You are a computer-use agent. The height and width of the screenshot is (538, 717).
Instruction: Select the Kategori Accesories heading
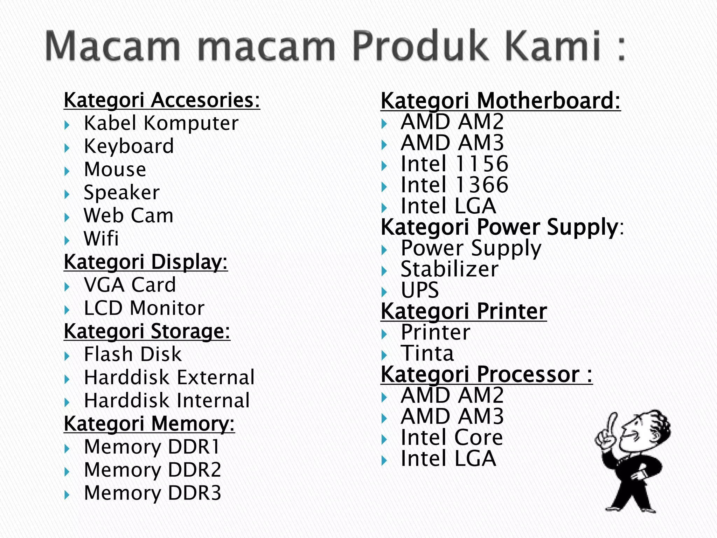[x=162, y=100]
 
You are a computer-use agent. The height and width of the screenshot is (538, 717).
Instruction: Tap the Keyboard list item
[x=129, y=146]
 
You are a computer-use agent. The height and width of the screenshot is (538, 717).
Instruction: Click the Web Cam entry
[x=128, y=215]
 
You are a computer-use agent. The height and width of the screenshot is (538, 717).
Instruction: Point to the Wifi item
[x=101, y=239]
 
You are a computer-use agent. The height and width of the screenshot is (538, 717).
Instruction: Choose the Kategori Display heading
[x=146, y=262]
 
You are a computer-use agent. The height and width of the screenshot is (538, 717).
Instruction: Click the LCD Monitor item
[x=144, y=308]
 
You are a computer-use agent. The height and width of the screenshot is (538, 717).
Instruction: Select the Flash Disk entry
[x=133, y=354]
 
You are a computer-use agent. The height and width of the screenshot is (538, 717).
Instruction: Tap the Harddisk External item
[x=169, y=378]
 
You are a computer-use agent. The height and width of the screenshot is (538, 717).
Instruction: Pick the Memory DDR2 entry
[x=153, y=470]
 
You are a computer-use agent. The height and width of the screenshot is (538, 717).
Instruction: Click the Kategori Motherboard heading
[x=500, y=101]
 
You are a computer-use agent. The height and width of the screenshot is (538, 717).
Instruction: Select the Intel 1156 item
[x=454, y=164]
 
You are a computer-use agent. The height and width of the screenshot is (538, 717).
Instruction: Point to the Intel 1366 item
[x=454, y=185]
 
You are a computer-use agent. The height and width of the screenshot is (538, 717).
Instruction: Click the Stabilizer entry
[x=450, y=269]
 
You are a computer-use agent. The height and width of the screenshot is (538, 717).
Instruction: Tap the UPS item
[x=420, y=290]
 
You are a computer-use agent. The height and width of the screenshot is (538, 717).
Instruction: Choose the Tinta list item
[x=427, y=353]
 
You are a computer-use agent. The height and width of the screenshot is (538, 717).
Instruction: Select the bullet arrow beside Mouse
[x=67, y=171]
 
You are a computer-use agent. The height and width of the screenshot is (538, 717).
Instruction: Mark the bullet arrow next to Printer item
[x=384, y=334]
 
